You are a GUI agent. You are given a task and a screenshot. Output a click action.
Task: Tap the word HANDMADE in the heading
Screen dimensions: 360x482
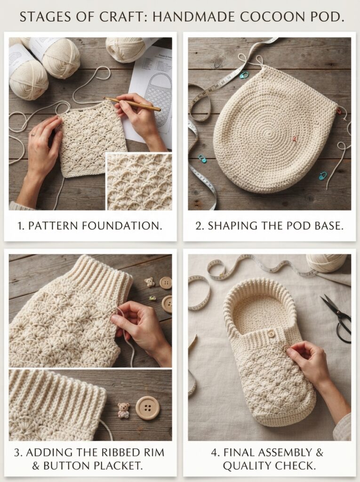click(x=195, y=17)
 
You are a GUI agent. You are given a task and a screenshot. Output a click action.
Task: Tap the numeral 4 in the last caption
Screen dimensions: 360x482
click(x=214, y=452)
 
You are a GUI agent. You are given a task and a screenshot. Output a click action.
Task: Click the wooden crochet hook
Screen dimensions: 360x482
click(x=133, y=104)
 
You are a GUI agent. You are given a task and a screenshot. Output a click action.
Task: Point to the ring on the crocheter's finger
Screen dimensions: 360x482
click(x=33, y=134)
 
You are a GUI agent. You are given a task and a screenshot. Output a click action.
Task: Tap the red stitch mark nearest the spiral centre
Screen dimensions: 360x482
click(x=294, y=139)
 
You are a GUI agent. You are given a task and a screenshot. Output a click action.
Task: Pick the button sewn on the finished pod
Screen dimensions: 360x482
click(x=271, y=334)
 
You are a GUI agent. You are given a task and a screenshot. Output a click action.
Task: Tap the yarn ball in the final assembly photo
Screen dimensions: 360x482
click(x=327, y=263)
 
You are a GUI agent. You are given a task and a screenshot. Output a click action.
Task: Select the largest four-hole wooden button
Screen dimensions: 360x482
click(x=148, y=408)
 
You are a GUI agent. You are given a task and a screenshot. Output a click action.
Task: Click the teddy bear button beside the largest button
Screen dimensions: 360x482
click(x=124, y=410)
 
